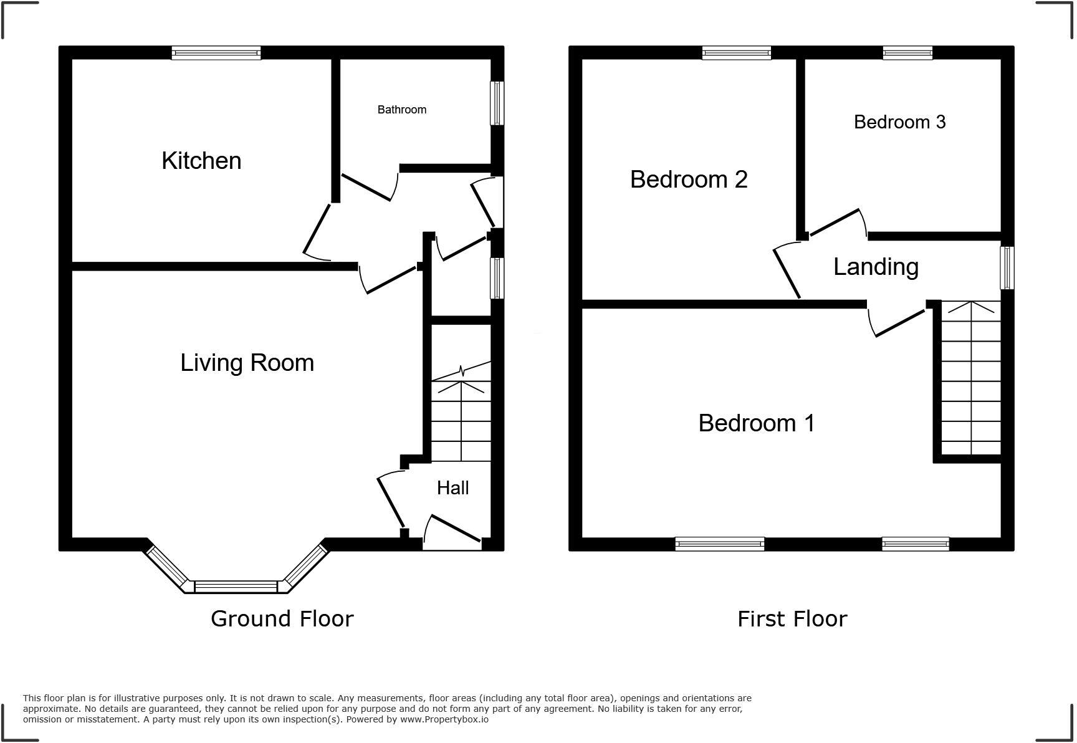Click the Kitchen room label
click(201, 161)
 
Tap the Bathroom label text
click(401, 110)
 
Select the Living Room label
click(247, 363)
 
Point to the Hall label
click(452, 488)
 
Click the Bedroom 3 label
click(899, 122)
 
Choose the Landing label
click(876, 267)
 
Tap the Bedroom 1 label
click(756, 423)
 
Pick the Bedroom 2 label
click(689, 180)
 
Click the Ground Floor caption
click(282, 619)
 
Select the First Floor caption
click(792, 619)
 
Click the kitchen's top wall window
click(216, 53)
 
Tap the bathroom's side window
click(497, 103)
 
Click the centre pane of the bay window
click(236, 587)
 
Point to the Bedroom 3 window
click(907, 53)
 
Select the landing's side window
click(1007, 267)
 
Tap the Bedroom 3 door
click(836, 223)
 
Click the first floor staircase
click(970, 380)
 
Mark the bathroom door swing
click(368, 188)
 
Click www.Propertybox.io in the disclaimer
click(444, 719)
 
